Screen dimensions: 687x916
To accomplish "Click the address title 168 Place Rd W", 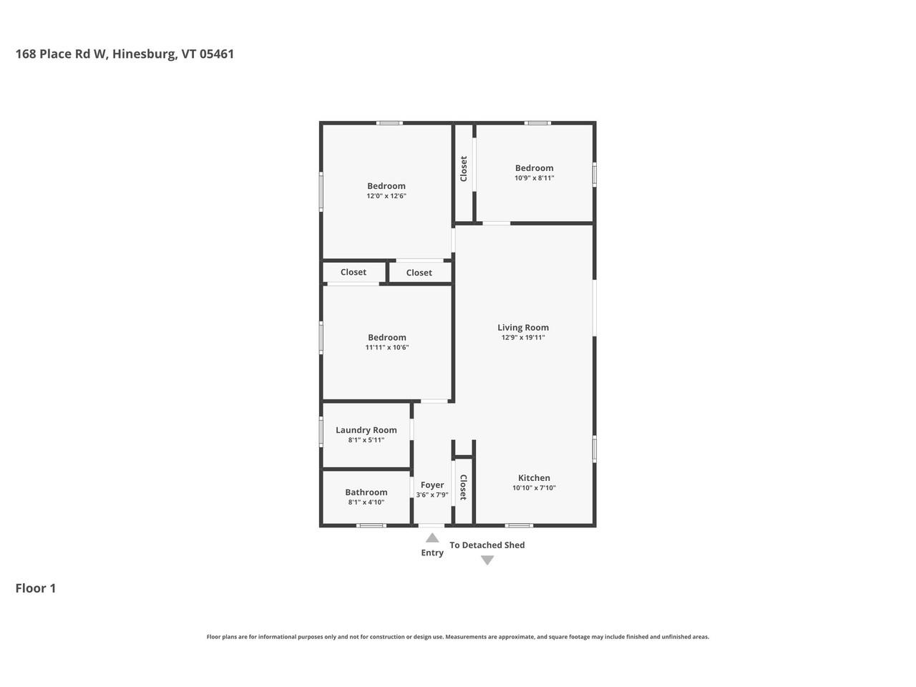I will click(125, 54).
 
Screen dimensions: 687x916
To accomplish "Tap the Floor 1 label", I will click(36, 588).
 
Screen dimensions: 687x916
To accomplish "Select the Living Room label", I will click(523, 328).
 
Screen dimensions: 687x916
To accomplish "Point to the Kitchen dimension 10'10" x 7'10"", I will click(534, 488).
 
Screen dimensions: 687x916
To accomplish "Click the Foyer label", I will click(432, 485).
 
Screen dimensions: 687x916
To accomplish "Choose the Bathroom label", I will click(366, 492).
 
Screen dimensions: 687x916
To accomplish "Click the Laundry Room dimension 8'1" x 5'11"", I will click(366, 440).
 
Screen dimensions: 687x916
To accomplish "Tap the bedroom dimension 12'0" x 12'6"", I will click(386, 196).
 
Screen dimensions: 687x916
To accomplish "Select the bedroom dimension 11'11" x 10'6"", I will click(387, 348).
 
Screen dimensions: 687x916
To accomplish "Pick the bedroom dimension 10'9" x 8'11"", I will click(535, 178).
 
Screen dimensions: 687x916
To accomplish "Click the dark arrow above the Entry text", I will click(432, 538).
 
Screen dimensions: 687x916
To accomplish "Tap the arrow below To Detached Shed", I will click(487, 560).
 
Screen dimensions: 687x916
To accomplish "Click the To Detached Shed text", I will click(487, 545).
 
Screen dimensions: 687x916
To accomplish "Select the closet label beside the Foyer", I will click(463, 487).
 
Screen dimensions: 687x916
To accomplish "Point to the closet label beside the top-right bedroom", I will click(464, 169).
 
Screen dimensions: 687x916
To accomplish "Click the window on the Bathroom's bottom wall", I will click(371, 526).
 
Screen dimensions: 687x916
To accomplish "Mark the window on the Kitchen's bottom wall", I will click(520, 526).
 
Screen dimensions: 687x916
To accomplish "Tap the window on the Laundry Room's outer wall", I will click(321, 432).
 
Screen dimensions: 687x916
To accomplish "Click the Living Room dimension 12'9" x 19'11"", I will click(523, 338).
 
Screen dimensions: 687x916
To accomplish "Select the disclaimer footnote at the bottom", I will click(458, 637).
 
